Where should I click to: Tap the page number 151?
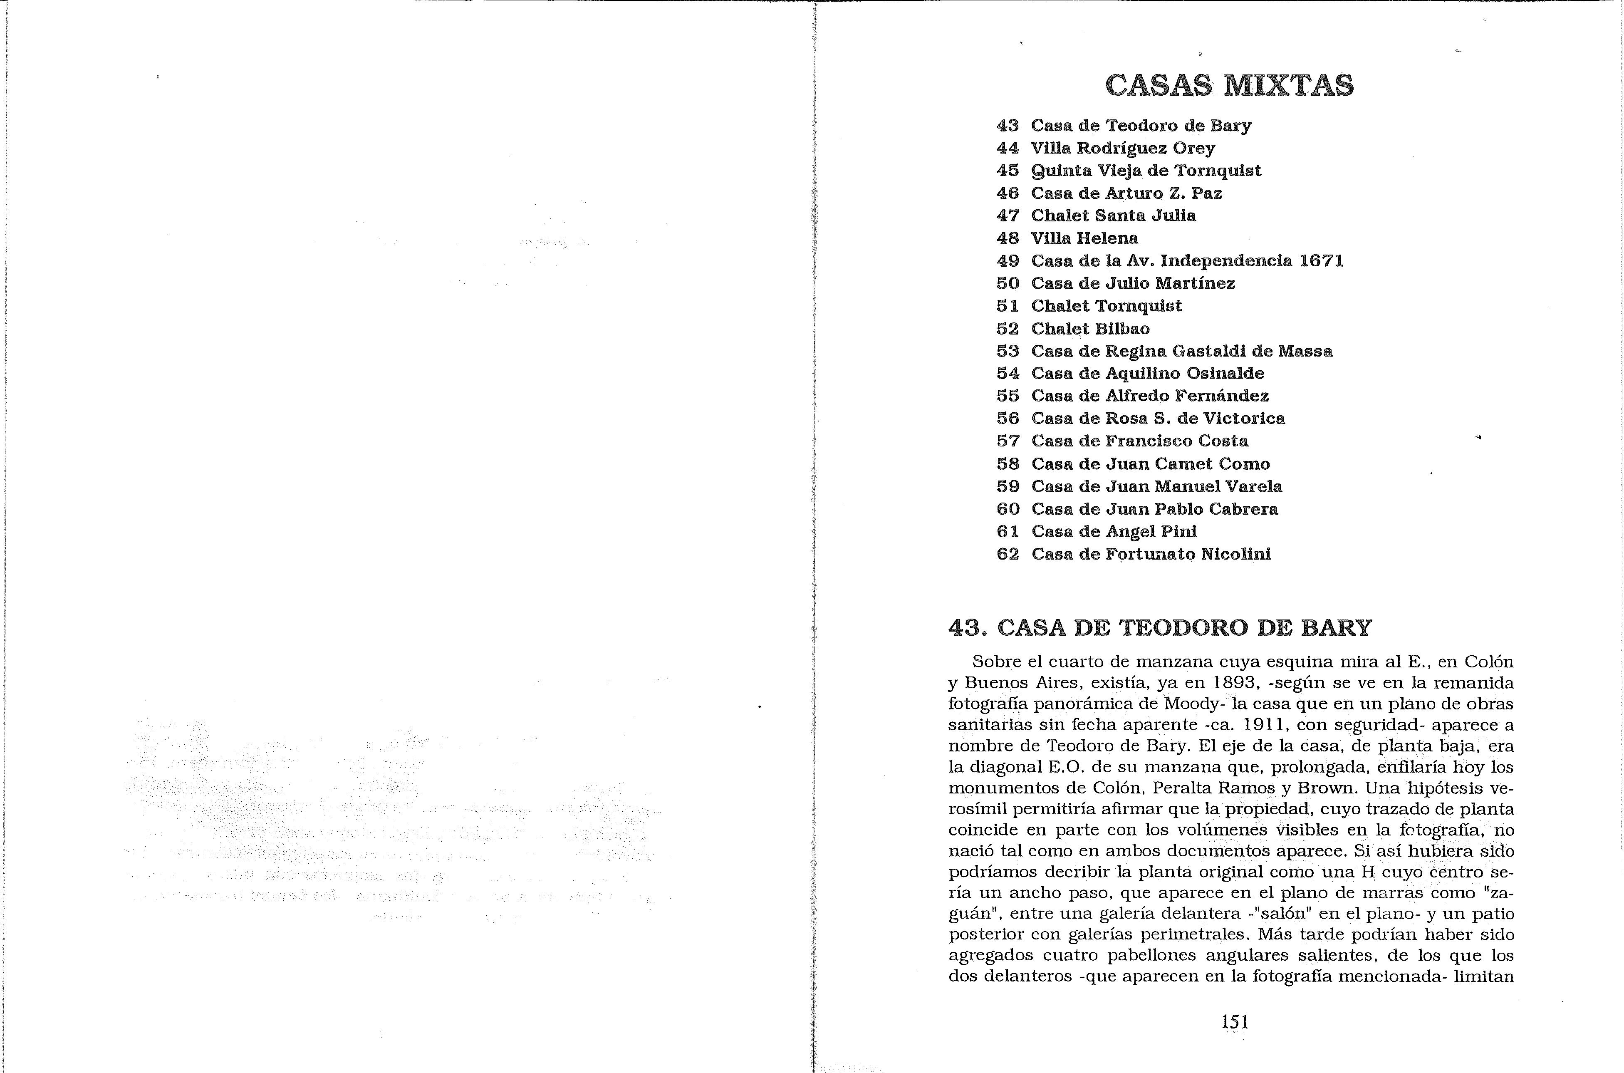pos(1235,1022)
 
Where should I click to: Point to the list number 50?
pos(1008,283)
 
